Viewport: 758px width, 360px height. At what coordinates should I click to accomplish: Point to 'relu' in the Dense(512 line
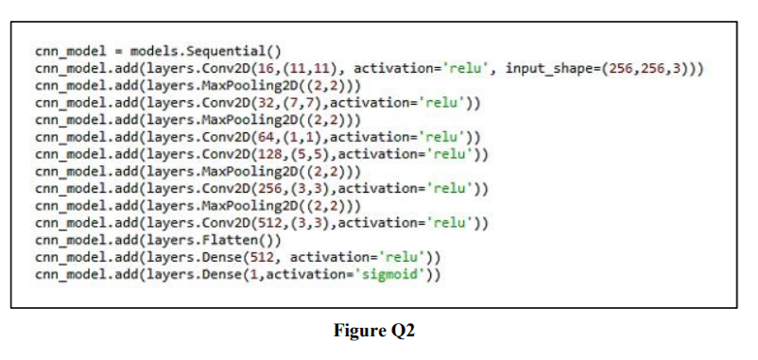[x=401, y=257]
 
